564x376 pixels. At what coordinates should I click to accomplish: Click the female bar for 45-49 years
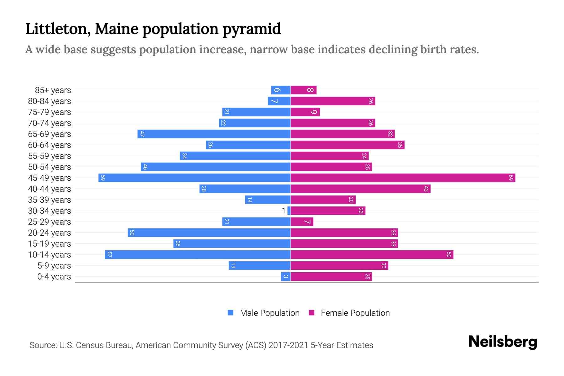[x=403, y=178]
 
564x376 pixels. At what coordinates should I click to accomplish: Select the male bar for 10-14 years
[x=197, y=255]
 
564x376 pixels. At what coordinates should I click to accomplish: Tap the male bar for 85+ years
[x=280, y=90]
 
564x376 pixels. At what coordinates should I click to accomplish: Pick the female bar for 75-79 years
[x=305, y=112]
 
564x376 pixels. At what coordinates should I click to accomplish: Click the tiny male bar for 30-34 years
[x=289, y=211]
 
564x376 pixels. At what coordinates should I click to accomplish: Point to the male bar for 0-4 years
[x=285, y=277]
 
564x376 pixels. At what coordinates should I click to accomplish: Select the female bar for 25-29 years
[x=302, y=222]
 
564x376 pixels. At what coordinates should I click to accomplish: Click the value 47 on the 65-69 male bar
[x=142, y=134]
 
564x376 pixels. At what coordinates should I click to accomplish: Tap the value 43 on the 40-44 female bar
[x=426, y=189]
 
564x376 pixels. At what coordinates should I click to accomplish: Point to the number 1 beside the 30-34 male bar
[x=284, y=211]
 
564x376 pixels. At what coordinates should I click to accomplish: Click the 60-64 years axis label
[x=50, y=145]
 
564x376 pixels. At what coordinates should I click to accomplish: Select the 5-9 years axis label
[x=54, y=266]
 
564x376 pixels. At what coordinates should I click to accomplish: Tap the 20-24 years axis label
[x=50, y=233]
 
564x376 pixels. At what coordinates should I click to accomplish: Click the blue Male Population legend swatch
[x=231, y=313]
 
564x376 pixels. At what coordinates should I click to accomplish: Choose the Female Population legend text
[x=355, y=313]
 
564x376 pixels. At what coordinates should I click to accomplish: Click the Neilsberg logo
[x=503, y=342]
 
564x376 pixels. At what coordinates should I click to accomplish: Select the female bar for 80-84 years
[x=333, y=101]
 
